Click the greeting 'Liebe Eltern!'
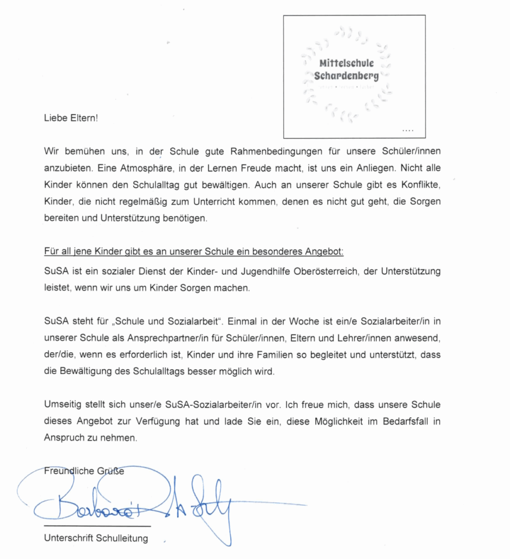click(x=71, y=117)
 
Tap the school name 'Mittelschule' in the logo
click(x=346, y=63)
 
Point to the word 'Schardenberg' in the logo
click(x=346, y=75)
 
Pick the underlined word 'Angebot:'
click(x=325, y=253)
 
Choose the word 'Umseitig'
click(x=62, y=405)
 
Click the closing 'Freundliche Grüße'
click(x=84, y=471)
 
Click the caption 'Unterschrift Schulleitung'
click(x=96, y=538)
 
